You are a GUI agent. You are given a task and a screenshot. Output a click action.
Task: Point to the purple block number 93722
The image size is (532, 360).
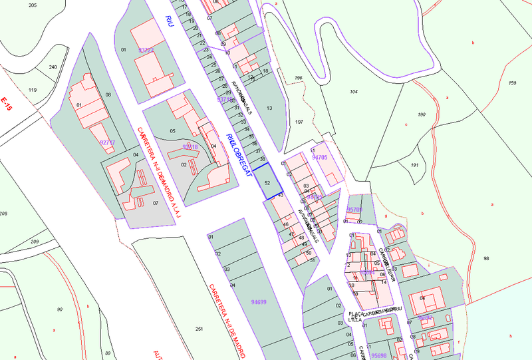pyautogui.click(x=146, y=50)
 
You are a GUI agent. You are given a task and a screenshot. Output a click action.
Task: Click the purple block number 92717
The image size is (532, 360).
pyautogui.click(x=107, y=142)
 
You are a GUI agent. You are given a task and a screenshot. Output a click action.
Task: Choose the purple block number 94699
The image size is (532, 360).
pyautogui.click(x=259, y=302)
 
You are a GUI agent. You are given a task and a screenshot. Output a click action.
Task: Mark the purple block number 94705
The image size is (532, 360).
pyautogui.click(x=320, y=158)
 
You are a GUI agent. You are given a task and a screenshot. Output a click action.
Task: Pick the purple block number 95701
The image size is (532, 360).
pyautogui.click(x=354, y=210)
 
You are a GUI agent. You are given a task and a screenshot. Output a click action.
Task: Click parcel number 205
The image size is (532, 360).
pyautogui.click(x=33, y=5)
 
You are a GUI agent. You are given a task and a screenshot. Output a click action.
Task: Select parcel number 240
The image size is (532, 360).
pyautogui.click(x=53, y=67)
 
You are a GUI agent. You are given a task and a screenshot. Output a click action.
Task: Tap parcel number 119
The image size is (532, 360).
pyautogui.click(x=33, y=90)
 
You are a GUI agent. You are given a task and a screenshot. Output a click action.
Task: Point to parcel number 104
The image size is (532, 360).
pyautogui.click(x=354, y=91)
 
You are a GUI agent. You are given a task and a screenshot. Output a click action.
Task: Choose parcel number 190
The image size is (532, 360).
pyautogui.click(x=421, y=115)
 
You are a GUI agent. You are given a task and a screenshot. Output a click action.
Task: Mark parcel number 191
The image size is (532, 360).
pyautogui.click(x=414, y=165)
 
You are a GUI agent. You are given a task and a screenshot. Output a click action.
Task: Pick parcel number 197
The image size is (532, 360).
pyautogui.click(x=299, y=122)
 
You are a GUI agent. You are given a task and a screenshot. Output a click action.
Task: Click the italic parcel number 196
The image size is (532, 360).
pyautogui.click(x=299, y=78)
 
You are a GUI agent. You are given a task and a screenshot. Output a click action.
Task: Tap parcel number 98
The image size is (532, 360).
pyautogui.click(x=486, y=258)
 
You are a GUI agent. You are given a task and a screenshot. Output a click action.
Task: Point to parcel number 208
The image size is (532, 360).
pyautogui.click(x=3, y=213)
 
